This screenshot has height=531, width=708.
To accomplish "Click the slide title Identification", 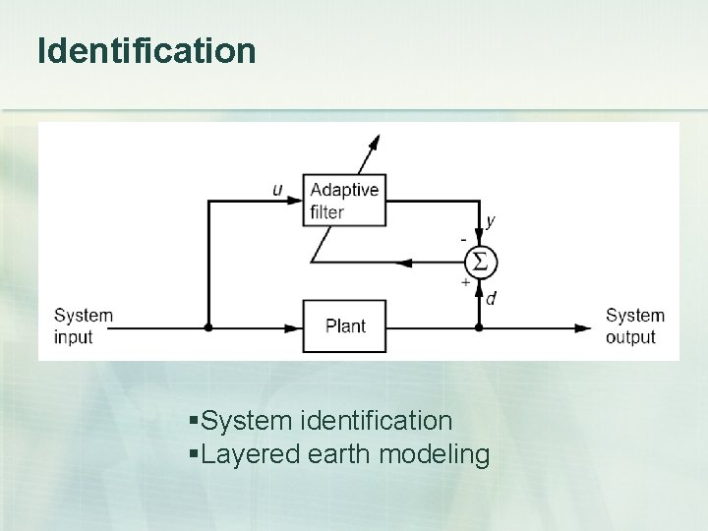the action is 147,51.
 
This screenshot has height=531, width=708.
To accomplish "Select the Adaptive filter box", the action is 342,200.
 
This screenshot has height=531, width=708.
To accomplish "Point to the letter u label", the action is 278,189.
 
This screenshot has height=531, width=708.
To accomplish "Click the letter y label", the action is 491,222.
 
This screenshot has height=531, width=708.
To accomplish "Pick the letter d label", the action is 491,299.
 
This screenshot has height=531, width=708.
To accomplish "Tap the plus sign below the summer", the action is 464,282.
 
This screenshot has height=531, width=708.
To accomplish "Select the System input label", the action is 84,325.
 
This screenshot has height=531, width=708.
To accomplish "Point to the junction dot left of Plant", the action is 208,327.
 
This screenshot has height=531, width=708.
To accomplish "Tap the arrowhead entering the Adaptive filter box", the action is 297,200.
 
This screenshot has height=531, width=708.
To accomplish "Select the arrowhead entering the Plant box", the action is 296,327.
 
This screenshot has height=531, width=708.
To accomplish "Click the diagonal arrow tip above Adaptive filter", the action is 376,140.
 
